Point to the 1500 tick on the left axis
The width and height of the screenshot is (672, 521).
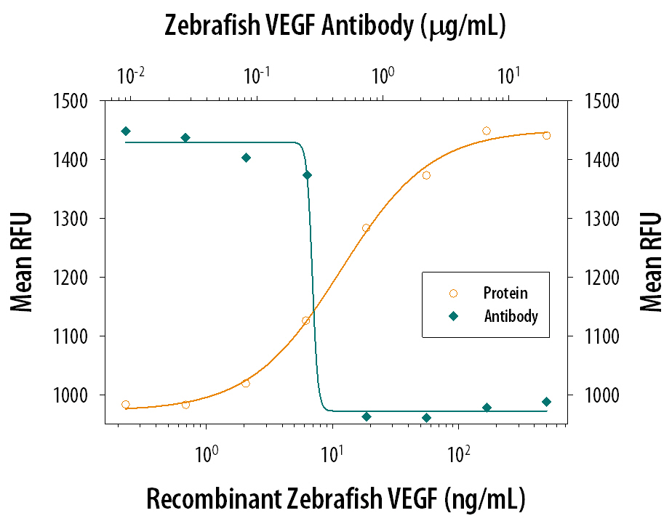pos(72,101)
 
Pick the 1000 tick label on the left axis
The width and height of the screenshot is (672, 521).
pos(72,395)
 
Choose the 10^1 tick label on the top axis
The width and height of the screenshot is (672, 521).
pos(508,75)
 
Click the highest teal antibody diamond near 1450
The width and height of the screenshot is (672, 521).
pos(126,132)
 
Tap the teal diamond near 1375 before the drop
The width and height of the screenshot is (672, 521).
pos(307,175)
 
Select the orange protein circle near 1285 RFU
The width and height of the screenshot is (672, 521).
pos(366,227)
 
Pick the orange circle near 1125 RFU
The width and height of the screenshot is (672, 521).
pos(306,320)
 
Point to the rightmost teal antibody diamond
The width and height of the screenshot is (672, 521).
pos(546,402)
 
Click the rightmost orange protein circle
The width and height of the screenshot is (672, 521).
pos(546,135)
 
